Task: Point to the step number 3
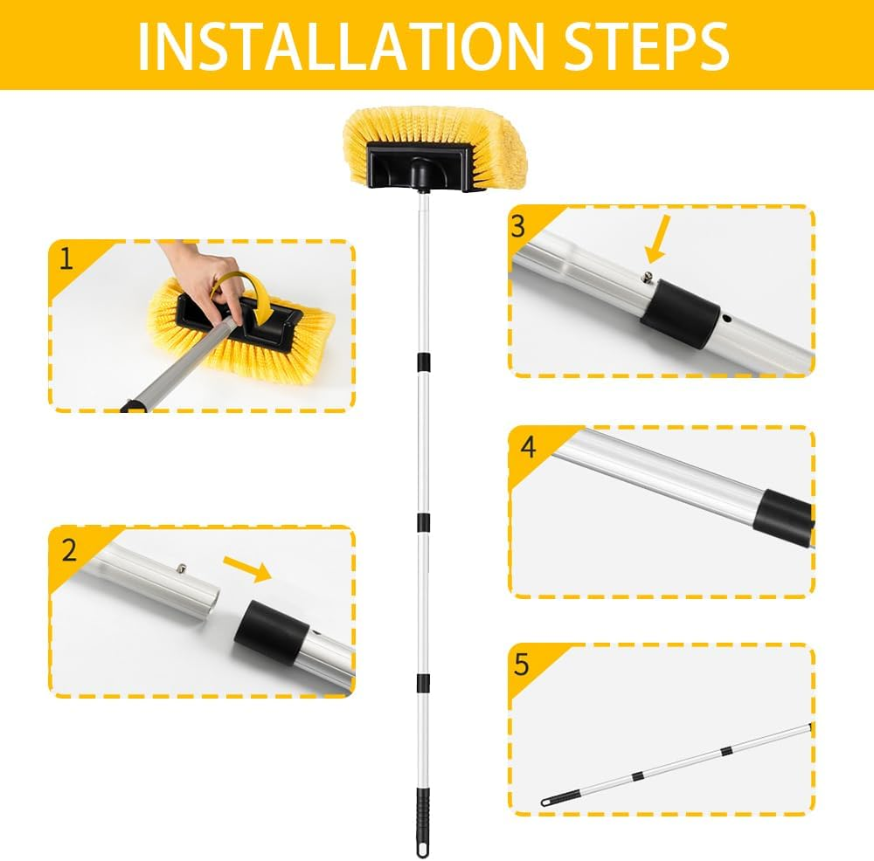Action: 518,226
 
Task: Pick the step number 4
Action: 527,447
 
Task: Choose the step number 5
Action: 522,665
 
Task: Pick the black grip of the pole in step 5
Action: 559,796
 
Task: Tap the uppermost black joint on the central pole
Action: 422,361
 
